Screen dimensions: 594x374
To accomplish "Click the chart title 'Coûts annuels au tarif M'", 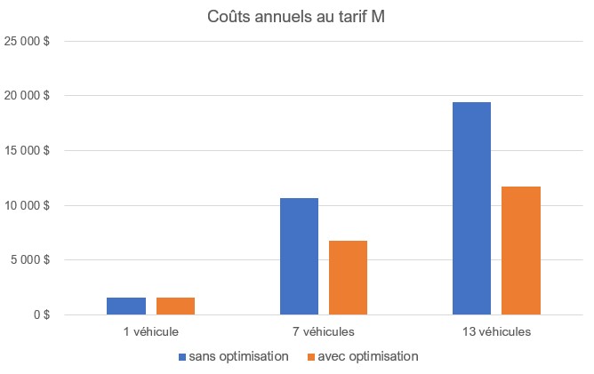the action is (x=296, y=17).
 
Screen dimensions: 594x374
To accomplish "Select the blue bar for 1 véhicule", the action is (x=126, y=306).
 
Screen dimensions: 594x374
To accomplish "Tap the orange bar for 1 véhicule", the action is (x=175, y=306).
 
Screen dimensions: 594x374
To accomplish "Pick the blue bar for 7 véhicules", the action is (x=300, y=256).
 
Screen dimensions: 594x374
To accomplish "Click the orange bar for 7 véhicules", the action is (x=349, y=277).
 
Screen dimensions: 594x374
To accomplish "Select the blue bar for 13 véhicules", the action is (x=471, y=208).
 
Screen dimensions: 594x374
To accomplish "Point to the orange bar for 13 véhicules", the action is (x=521, y=251).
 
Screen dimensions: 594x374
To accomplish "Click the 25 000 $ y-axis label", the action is (x=27, y=41).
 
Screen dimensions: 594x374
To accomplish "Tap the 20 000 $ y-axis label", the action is (x=27, y=95).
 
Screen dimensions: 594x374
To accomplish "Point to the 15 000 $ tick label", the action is (x=27, y=150).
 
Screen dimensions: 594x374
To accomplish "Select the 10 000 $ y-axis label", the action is (x=27, y=205).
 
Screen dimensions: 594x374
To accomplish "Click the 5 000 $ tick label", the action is (x=30, y=259).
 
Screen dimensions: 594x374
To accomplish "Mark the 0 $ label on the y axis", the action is (x=42, y=314).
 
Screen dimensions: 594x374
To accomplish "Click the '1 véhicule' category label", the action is (x=151, y=332).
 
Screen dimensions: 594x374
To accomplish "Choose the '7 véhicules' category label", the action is (x=324, y=332).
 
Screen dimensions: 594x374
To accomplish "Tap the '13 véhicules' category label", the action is (x=496, y=332).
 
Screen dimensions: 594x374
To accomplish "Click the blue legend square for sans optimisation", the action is (x=182, y=357).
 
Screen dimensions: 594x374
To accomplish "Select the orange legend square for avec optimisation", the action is (x=311, y=357).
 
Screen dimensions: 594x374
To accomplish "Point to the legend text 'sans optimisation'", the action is (x=238, y=356).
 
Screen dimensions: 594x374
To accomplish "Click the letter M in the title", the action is (x=378, y=17).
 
